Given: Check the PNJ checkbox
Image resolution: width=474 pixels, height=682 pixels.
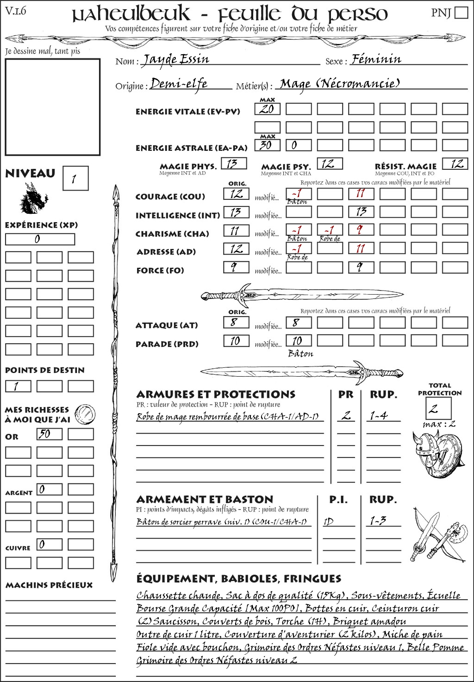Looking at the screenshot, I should tap(461, 12).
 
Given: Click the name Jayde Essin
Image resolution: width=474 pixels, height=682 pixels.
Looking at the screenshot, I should tap(175, 60).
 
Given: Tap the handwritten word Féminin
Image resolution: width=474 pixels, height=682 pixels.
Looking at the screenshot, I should tap(376, 59).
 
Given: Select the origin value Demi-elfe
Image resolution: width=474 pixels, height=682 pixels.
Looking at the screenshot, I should tap(179, 84).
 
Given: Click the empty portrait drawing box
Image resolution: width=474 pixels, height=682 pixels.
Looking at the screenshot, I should tap(52, 107).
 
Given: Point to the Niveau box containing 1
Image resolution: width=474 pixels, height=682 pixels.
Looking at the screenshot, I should tap(75, 179).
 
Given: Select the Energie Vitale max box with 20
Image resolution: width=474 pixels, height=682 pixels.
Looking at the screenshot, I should tap(267, 109).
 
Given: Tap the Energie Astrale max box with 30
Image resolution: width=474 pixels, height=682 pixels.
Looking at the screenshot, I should tap(267, 145).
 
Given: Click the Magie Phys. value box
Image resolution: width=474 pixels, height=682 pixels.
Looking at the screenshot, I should tap(234, 164).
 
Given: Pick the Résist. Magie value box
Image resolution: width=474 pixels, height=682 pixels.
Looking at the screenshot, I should tap(455, 164).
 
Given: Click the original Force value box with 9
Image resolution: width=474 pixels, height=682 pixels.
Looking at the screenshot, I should tap(236, 267).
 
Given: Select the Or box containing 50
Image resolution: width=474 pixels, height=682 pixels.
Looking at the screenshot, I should tap(49, 434).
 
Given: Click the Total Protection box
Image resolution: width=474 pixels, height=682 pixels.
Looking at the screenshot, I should tap(438, 408).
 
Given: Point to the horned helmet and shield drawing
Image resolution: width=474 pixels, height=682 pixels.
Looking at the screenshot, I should tap(436, 452).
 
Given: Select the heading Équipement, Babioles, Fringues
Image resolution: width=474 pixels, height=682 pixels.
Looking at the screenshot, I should tap(238, 579).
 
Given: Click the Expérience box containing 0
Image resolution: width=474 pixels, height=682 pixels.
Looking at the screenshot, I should tap(40, 239).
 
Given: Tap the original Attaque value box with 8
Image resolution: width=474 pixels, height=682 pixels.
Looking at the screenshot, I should tap(236, 322).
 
